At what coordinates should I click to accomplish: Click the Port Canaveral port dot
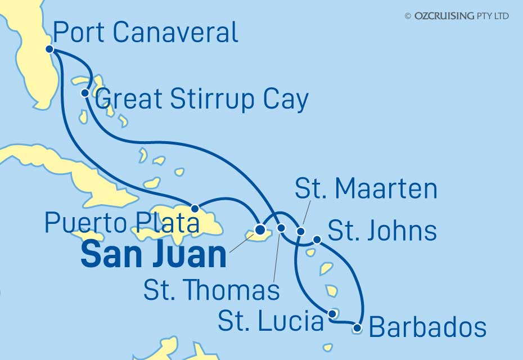[49, 49]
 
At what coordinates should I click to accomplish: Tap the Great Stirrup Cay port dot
[84, 93]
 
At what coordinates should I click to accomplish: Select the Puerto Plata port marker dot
[195, 209]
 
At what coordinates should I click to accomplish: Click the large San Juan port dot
[260, 229]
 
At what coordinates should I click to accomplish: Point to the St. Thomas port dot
[281, 228]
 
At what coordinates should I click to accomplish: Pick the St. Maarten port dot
[300, 231]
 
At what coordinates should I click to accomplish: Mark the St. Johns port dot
[317, 240]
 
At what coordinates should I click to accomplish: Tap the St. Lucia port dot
[332, 314]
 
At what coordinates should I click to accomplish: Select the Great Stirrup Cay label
[202, 100]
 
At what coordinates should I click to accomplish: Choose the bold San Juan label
[154, 255]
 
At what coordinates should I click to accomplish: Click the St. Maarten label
[366, 189]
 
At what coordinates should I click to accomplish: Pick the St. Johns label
[382, 231]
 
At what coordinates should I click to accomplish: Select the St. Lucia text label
[270, 322]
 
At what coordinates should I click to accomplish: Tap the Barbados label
[427, 327]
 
